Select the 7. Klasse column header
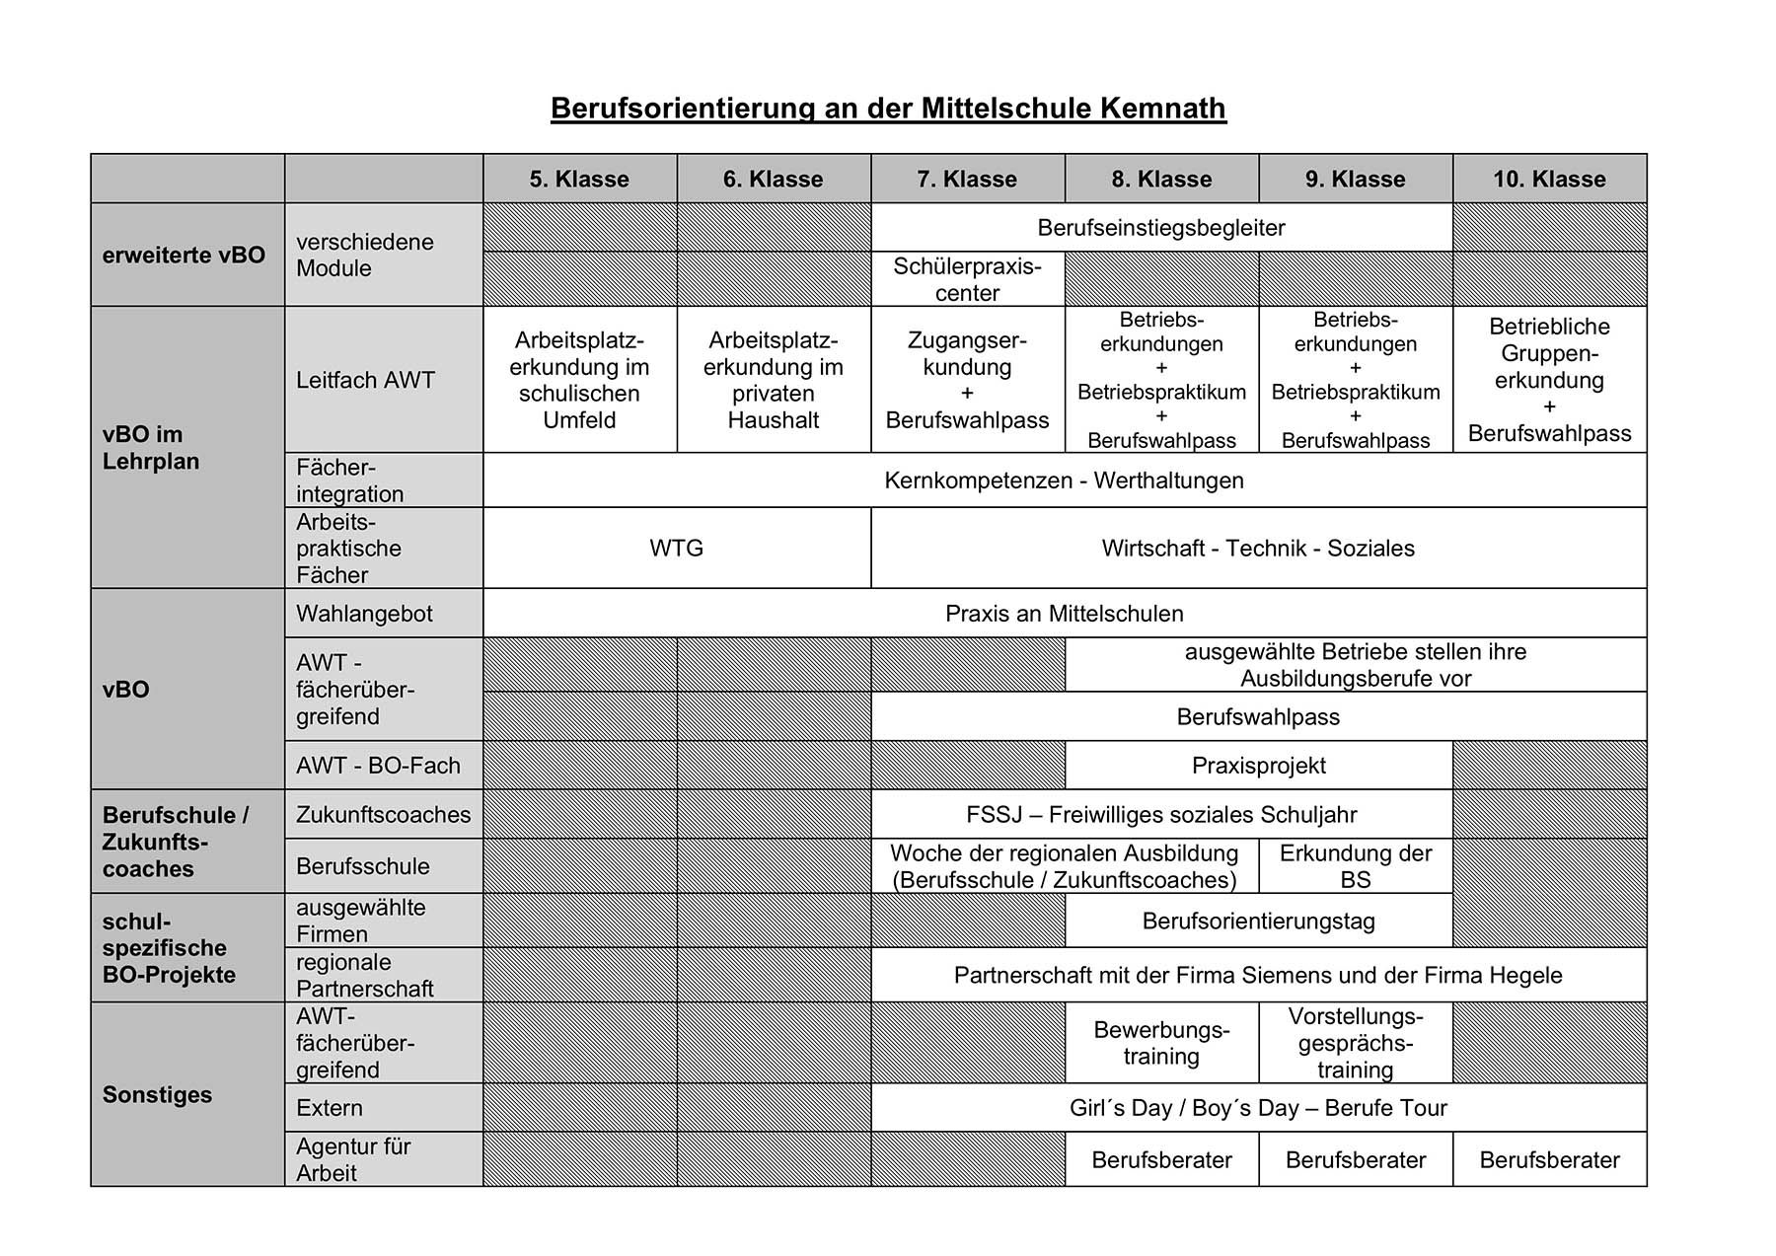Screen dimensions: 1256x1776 pyautogui.click(x=967, y=180)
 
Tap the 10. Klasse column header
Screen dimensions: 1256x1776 pyautogui.click(x=1549, y=180)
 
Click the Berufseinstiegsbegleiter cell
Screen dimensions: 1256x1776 pyautogui.click(x=1161, y=228)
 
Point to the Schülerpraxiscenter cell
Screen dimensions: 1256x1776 pyautogui.click(x=967, y=279)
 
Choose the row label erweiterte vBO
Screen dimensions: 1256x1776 pyautogui.click(x=184, y=255)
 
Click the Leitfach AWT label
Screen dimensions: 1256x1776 pyautogui.click(x=365, y=380)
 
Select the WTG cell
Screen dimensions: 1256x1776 pyautogui.click(x=676, y=549)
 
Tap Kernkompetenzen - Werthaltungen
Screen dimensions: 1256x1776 pyautogui.click(x=1064, y=480)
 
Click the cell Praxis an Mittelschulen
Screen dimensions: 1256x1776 pyautogui.click(x=1064, y=614)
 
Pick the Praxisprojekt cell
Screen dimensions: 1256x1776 pyautogui.click(x=1258, y=766)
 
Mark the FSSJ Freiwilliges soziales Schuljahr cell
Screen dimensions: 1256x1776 pyautogui.click(x=1161, y=815)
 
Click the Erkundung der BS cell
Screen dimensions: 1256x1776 pyautogui.click(x=1355, y=866)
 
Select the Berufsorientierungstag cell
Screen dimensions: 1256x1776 pyautogui.click(x=1258, y=922)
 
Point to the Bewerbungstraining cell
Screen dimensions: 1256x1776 pyautogui.click(x=1161, y=1043)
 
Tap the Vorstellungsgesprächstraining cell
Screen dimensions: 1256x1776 pyautogui.click(x=1355, y=1043)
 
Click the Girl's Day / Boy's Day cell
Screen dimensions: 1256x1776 pyautogui.click(x=1258, y=1108)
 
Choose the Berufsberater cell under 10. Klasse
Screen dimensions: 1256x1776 pyautogui.click(x=1549, y=1160)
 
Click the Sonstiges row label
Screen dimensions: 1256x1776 pyautogui.click(x=157, y=1095)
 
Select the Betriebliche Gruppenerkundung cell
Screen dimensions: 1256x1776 pyautogui.click(x=1549, y=380)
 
